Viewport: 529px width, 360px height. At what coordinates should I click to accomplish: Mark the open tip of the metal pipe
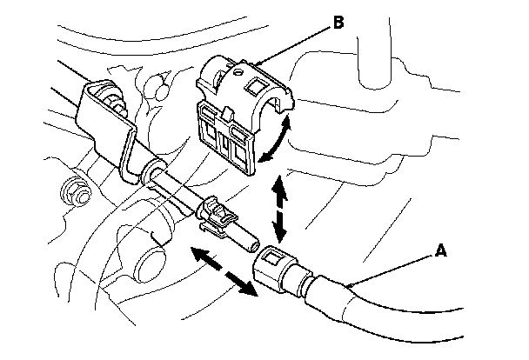[x=249, y=239]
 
